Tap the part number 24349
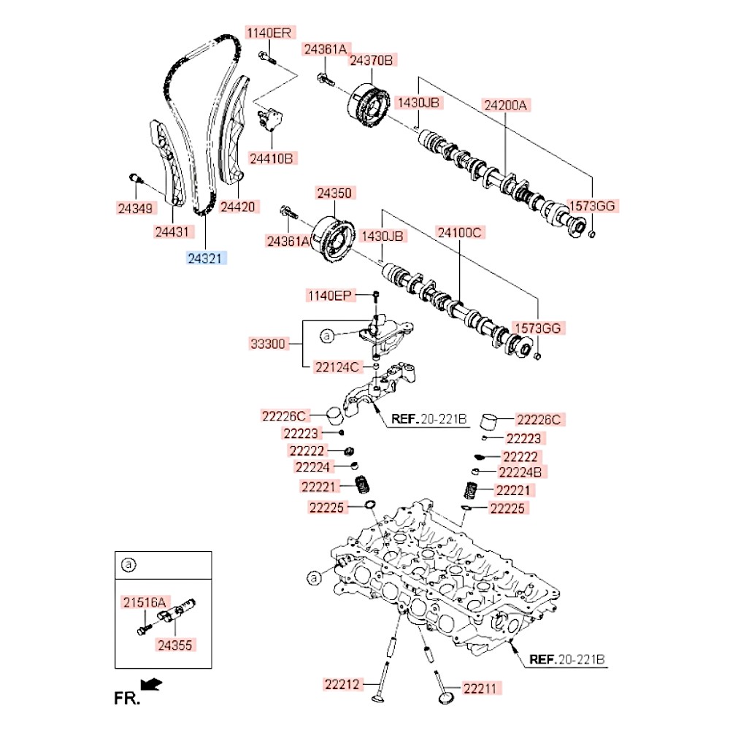137,208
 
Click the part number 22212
342,684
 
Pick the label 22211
483,688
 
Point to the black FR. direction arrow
151,684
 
